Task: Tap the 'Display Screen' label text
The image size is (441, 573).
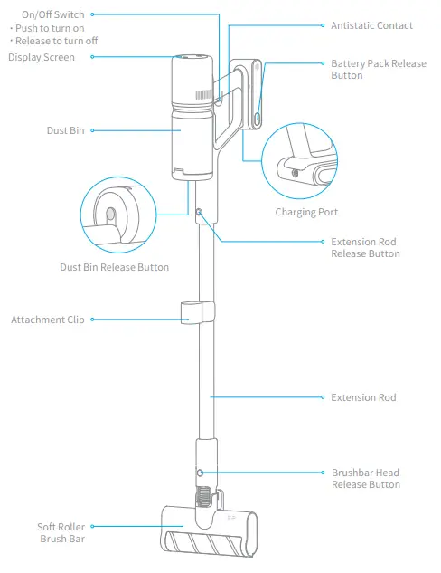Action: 42,58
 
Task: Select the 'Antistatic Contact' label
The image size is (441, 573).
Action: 371,25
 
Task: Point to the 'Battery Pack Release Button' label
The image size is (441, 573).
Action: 378,70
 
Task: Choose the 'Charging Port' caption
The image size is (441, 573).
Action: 306,213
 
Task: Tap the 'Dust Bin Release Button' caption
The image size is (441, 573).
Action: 114,267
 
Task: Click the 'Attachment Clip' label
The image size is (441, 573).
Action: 47,320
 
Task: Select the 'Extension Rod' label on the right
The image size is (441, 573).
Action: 363,397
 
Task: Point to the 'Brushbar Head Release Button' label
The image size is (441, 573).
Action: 365,478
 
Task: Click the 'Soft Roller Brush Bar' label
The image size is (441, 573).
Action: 61,532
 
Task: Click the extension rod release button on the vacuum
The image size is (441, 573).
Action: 199,213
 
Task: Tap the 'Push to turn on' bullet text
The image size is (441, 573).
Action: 50,28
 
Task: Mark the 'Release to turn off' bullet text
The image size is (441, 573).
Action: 53,42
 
